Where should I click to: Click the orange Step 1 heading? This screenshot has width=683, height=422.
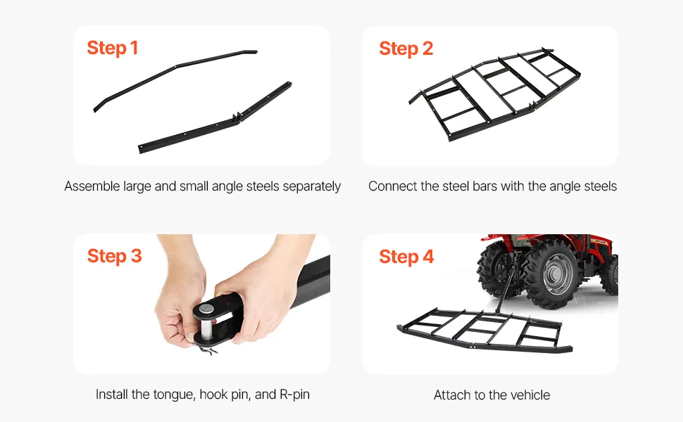click(113, 48)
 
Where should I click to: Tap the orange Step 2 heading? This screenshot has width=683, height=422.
click(406, 49)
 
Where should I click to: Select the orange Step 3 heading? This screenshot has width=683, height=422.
click(115, 256)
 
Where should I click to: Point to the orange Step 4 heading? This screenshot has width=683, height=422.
click(406, 257)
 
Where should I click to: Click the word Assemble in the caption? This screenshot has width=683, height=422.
click(92, 186)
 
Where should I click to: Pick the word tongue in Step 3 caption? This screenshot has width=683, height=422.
click(174, 395)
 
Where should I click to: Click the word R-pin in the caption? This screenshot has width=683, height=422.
click(294, 394)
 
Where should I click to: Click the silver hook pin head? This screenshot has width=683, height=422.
click(206, 309)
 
